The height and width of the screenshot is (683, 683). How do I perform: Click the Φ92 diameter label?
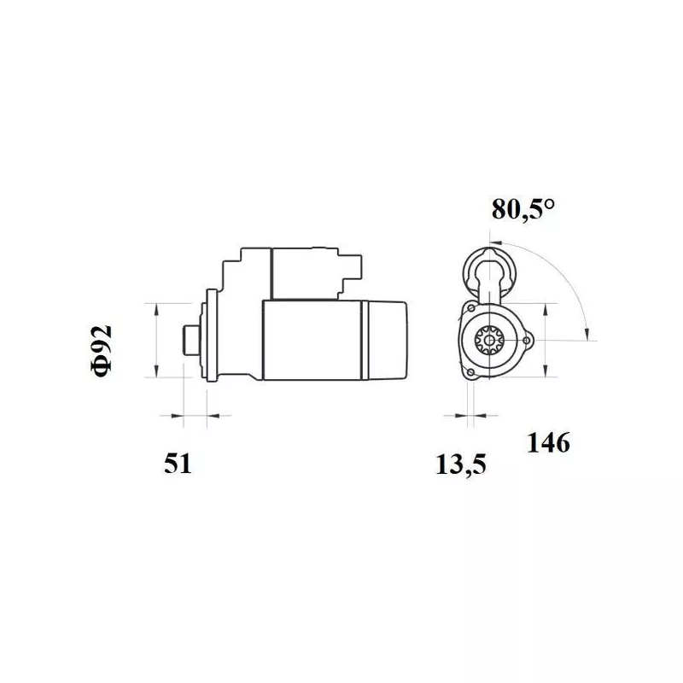[x=102, y=351]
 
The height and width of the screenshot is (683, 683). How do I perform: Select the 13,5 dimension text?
[x=460, y=464]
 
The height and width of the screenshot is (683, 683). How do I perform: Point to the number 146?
[x=548, y=443]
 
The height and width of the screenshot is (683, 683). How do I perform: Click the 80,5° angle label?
[x=523, y=209]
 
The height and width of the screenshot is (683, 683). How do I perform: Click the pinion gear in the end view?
[x=489, y=340]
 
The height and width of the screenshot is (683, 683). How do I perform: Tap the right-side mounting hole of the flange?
[x=527, y=340]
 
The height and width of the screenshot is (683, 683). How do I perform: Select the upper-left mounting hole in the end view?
[x=471, y=308]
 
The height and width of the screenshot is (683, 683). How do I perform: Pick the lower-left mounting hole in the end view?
[x=470, y=372]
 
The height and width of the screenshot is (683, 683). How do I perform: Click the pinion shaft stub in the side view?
[x=190, y=340]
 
